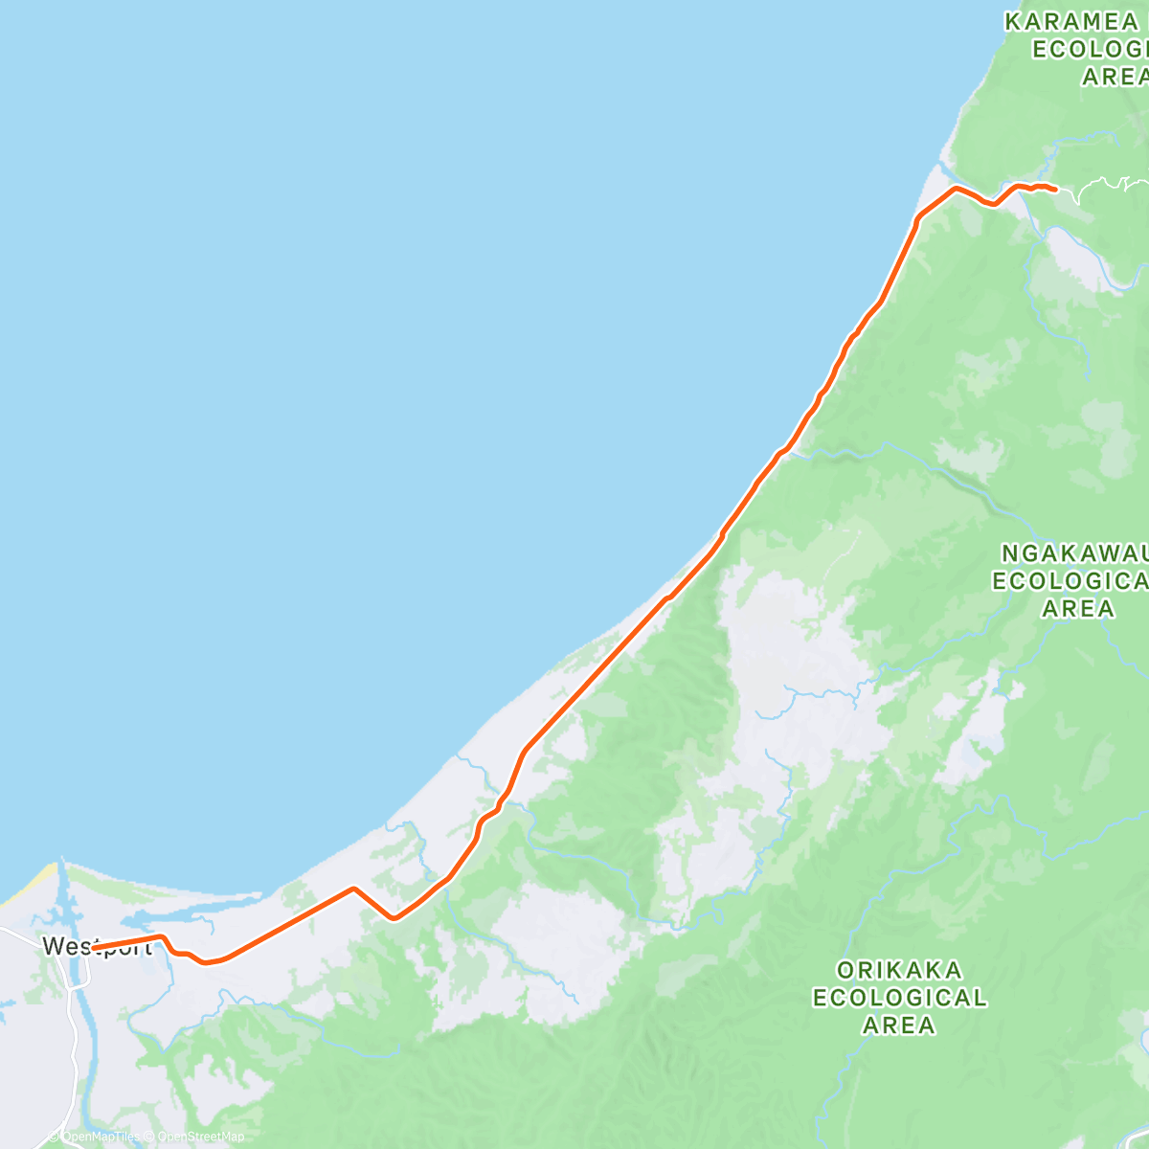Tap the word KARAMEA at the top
coord(1070,21)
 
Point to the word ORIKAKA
coord(899,970)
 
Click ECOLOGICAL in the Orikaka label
coord(899,998)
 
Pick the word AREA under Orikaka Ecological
coord(899,1025)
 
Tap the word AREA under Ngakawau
coord(1078,608)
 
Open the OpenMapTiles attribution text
coord(100,1138)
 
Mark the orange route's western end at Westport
coord(94,948)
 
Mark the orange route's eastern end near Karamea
coord(1054,190)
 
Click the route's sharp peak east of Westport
coord(353,889)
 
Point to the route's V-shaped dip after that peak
coord(394,918)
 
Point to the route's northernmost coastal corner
coord(955,189)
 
